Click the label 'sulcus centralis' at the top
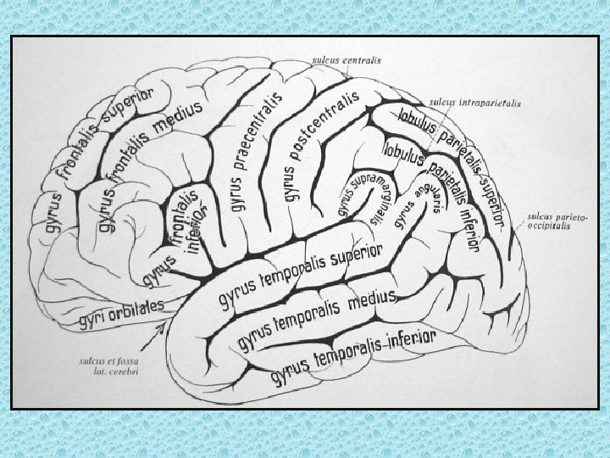347,61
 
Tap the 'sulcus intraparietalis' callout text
476,103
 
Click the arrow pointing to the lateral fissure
156,339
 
